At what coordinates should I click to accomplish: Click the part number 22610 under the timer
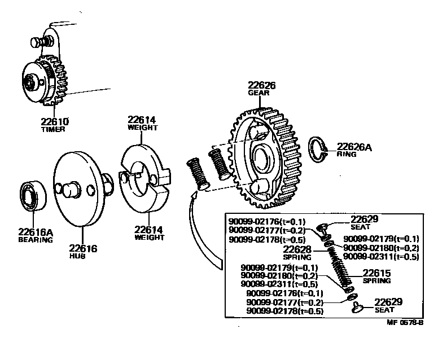tap(55, 121)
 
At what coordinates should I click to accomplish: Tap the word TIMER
tap(54, 129)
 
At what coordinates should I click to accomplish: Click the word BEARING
tap(35, 239)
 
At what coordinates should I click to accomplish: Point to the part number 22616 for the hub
tap(84, 248)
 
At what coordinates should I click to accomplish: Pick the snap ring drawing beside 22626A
tap(320, 149)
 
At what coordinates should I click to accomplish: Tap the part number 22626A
tap(354, 147)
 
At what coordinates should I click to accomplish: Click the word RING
tap(346, 154)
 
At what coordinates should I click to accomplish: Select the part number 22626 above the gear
tap(261, 85)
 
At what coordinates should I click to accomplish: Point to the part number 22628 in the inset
tap(297, 249)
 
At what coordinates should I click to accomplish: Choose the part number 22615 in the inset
tap(376, 273)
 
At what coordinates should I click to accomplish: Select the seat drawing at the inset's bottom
tap(357, 307)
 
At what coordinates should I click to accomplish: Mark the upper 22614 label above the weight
tap(141, 120)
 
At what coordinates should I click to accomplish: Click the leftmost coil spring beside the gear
tap(198, 172)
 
